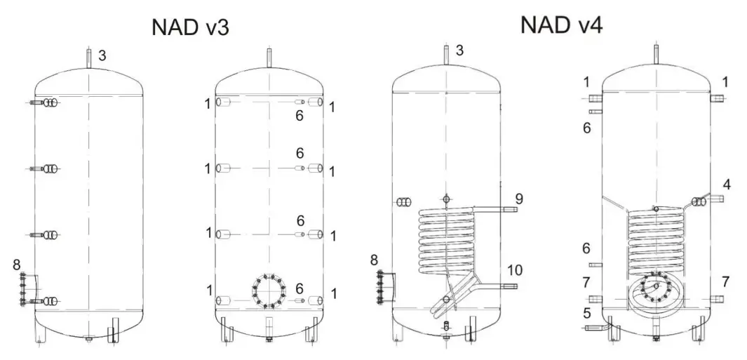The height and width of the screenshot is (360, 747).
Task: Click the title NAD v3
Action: click(190, 27)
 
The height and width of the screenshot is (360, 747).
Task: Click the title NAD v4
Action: click(561, 25)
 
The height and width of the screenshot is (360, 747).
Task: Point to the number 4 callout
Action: click(727, 185)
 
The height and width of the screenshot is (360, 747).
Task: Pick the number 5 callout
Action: click(586, 312)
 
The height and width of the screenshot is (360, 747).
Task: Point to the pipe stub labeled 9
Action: click(508, 208)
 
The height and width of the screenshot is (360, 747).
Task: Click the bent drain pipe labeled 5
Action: click(594, 326)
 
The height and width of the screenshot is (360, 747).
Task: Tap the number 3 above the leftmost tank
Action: click(102, 55)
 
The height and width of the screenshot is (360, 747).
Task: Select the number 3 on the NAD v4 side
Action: click(459, 50)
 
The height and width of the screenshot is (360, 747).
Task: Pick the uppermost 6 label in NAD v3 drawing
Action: click(300, 116)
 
